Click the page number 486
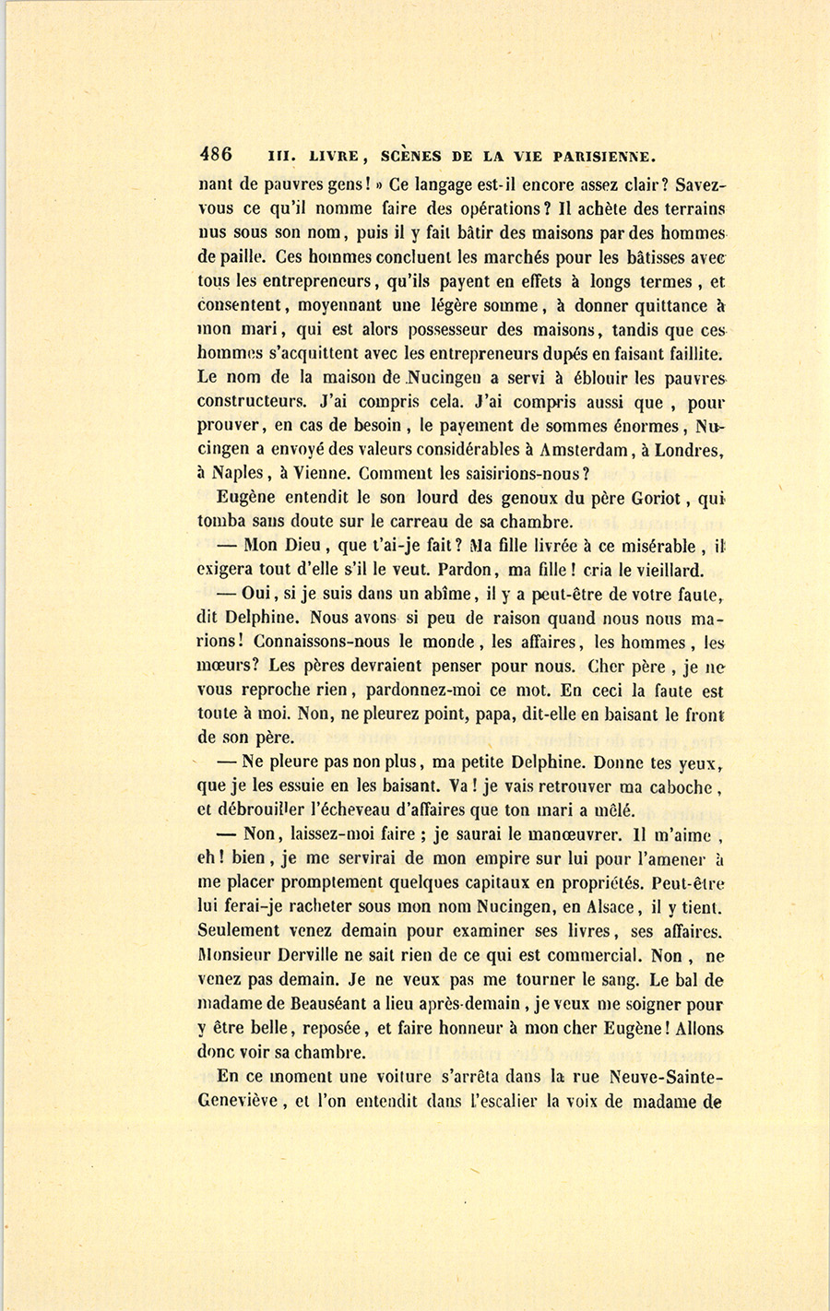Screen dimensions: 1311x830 (x=215, y=154)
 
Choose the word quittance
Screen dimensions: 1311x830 (x=660, y=306)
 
